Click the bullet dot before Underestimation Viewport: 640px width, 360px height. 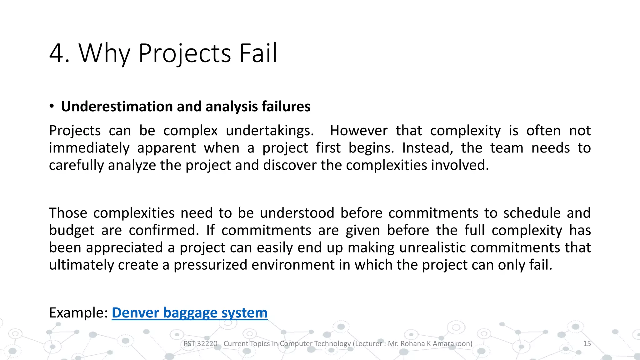(52, 106)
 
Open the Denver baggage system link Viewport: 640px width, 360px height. (189, 313)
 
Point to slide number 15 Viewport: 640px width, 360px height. (587, 344)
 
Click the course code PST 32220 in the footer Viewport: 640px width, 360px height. (200, 344)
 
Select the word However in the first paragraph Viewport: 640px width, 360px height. (358, 131)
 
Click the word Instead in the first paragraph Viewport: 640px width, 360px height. (427, 148)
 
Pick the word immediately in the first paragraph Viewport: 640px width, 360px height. (89, 148)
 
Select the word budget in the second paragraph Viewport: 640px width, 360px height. (72, 230)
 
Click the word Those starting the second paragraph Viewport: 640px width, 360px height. (68, 213)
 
